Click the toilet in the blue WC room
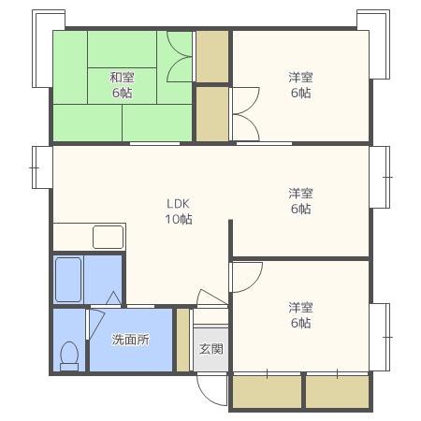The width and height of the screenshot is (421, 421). click(x=69, y=356)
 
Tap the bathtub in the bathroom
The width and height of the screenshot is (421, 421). click(x=68, y=280)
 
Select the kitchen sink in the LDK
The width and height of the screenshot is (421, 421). click(x=108, y=237)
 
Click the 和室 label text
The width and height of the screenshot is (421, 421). click(x=122, y=77)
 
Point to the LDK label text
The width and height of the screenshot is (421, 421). click(x=178, y=204)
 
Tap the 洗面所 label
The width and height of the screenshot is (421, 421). click(x=131, y=340)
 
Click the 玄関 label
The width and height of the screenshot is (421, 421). click(x=211, y=349)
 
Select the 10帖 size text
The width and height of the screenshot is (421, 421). click(x=179, y=219)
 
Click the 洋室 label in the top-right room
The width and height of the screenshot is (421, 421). click(x=300, y=77)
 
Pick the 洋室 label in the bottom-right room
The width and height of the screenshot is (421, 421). click(x=300, y=307)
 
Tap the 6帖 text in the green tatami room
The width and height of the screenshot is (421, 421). click(x=122, y=93)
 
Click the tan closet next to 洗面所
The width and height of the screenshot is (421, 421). click(x=183, y=340)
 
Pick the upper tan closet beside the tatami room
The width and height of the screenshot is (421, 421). click(x=212, y=56)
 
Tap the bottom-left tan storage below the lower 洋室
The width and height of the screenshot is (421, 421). click(x=268, y=392)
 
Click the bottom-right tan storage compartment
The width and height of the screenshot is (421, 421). click(x=338, y=392)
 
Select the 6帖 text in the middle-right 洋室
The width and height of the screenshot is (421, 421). click(x=300, y=209)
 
